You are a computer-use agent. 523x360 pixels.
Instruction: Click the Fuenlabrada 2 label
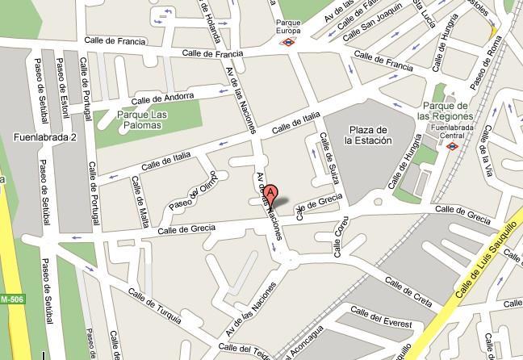tap(44, 138)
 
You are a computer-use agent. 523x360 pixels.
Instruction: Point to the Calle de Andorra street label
tap(170, 98)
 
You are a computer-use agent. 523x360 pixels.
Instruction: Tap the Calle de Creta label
tap(412, 289)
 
